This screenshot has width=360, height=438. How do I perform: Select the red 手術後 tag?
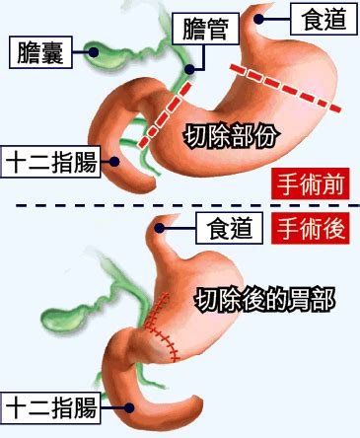(312, 229)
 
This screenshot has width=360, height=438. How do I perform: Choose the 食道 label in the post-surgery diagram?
(231, 229)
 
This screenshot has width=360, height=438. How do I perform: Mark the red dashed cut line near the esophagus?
(287, 86)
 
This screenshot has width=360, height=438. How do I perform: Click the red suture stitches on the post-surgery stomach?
(163, 330)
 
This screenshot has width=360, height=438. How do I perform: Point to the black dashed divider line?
(178, 206)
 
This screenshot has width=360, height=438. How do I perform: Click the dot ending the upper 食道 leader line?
(260, 17)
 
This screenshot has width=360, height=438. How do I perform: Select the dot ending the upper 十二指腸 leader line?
(116, 161)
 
